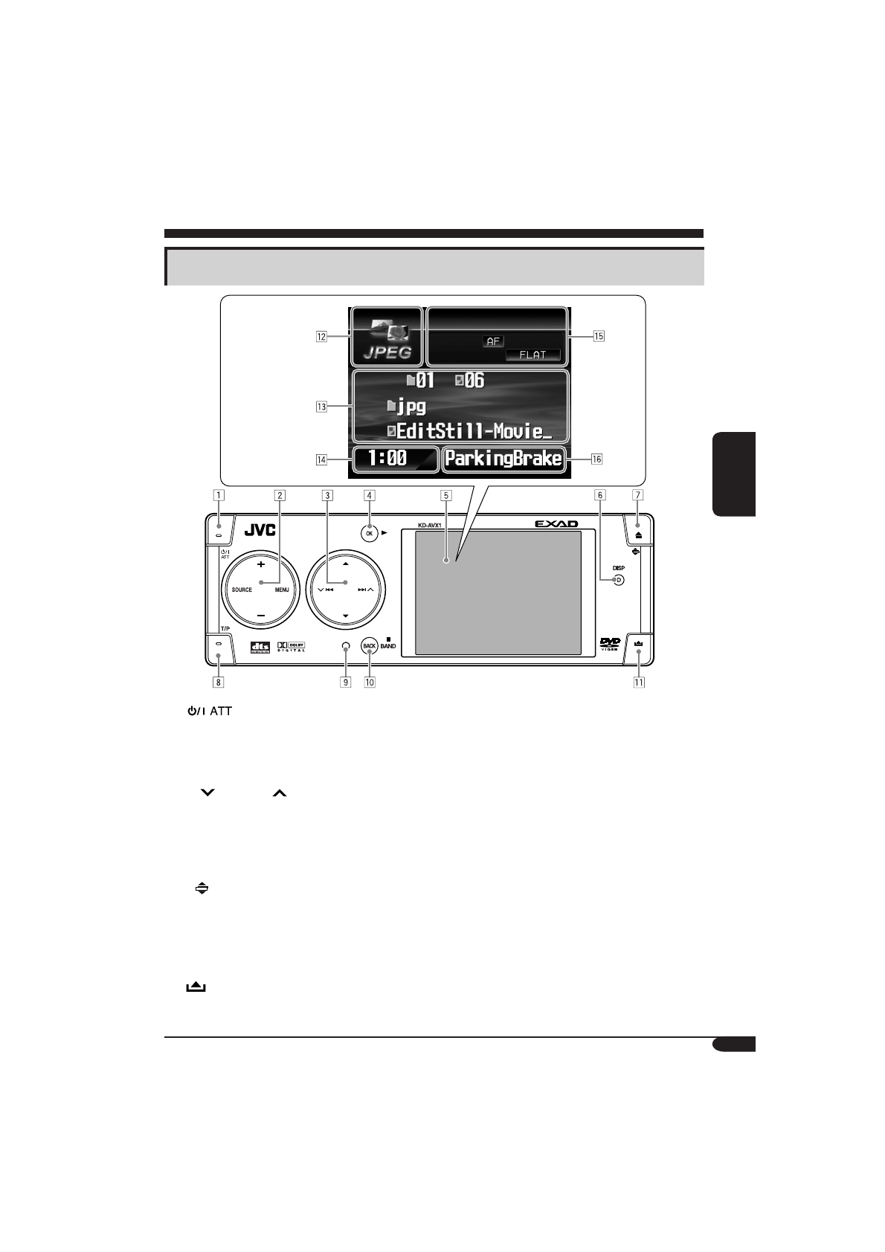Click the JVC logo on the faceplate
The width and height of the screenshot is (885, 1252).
tap(260, 532)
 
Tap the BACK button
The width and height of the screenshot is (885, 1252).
tap(369, 646)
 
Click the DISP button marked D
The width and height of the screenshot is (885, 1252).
tap(618, 580)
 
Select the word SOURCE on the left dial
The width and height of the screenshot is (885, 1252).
tap(242, 590)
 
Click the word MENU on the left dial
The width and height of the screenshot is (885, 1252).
tap(281, 590)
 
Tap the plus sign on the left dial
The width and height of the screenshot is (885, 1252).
tap(261, 564)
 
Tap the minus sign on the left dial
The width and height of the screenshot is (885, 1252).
tap(261, 616)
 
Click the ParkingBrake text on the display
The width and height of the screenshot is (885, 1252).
tap(503, 459)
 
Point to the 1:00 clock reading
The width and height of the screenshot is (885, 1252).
tap(388, 459)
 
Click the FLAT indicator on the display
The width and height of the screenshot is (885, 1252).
tap(532, 355)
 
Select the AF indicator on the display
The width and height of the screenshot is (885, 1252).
tap(493, 341)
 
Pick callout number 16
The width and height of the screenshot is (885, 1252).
tap(596, 459)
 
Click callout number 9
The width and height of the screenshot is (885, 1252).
tap(345, 681)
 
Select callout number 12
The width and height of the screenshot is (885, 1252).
tap(321, 336)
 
